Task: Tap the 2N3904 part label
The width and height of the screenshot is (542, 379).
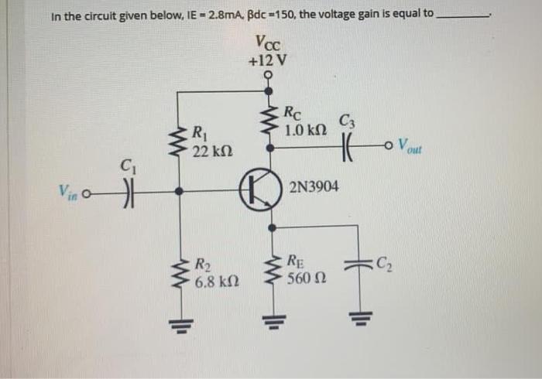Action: pyautogui.click(x=313, y=186)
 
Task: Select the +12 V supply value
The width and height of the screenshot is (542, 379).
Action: pyautogui.click(x=267, y=59)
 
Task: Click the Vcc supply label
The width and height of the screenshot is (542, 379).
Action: pyautogui.click(x=267, y=42)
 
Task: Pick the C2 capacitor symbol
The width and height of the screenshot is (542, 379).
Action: pyautogui.click(x=358, y=265)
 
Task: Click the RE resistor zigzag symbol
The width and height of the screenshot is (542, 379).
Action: pyautogui.click(x=272, y=269)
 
